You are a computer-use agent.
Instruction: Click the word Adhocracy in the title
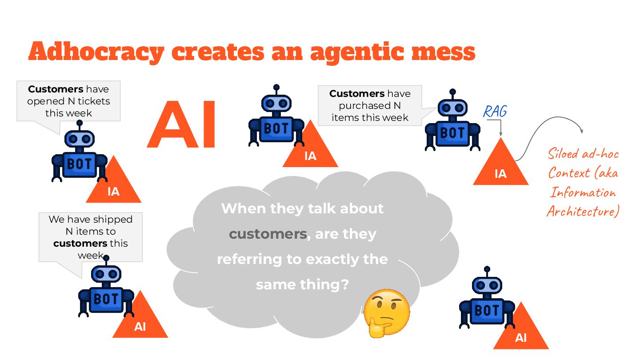point(96,52)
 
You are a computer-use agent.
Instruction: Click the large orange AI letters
point(182,125)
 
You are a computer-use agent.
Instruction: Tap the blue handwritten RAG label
point(495,111)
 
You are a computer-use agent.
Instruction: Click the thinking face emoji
point(386,313)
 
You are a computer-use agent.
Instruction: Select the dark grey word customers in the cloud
point(268,234)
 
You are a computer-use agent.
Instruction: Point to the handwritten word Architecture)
point(583,211)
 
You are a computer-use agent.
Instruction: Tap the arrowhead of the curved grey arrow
point(581,131)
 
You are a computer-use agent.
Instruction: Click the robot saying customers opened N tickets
point(80,156)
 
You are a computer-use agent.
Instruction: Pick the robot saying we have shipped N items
point(106,291)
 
